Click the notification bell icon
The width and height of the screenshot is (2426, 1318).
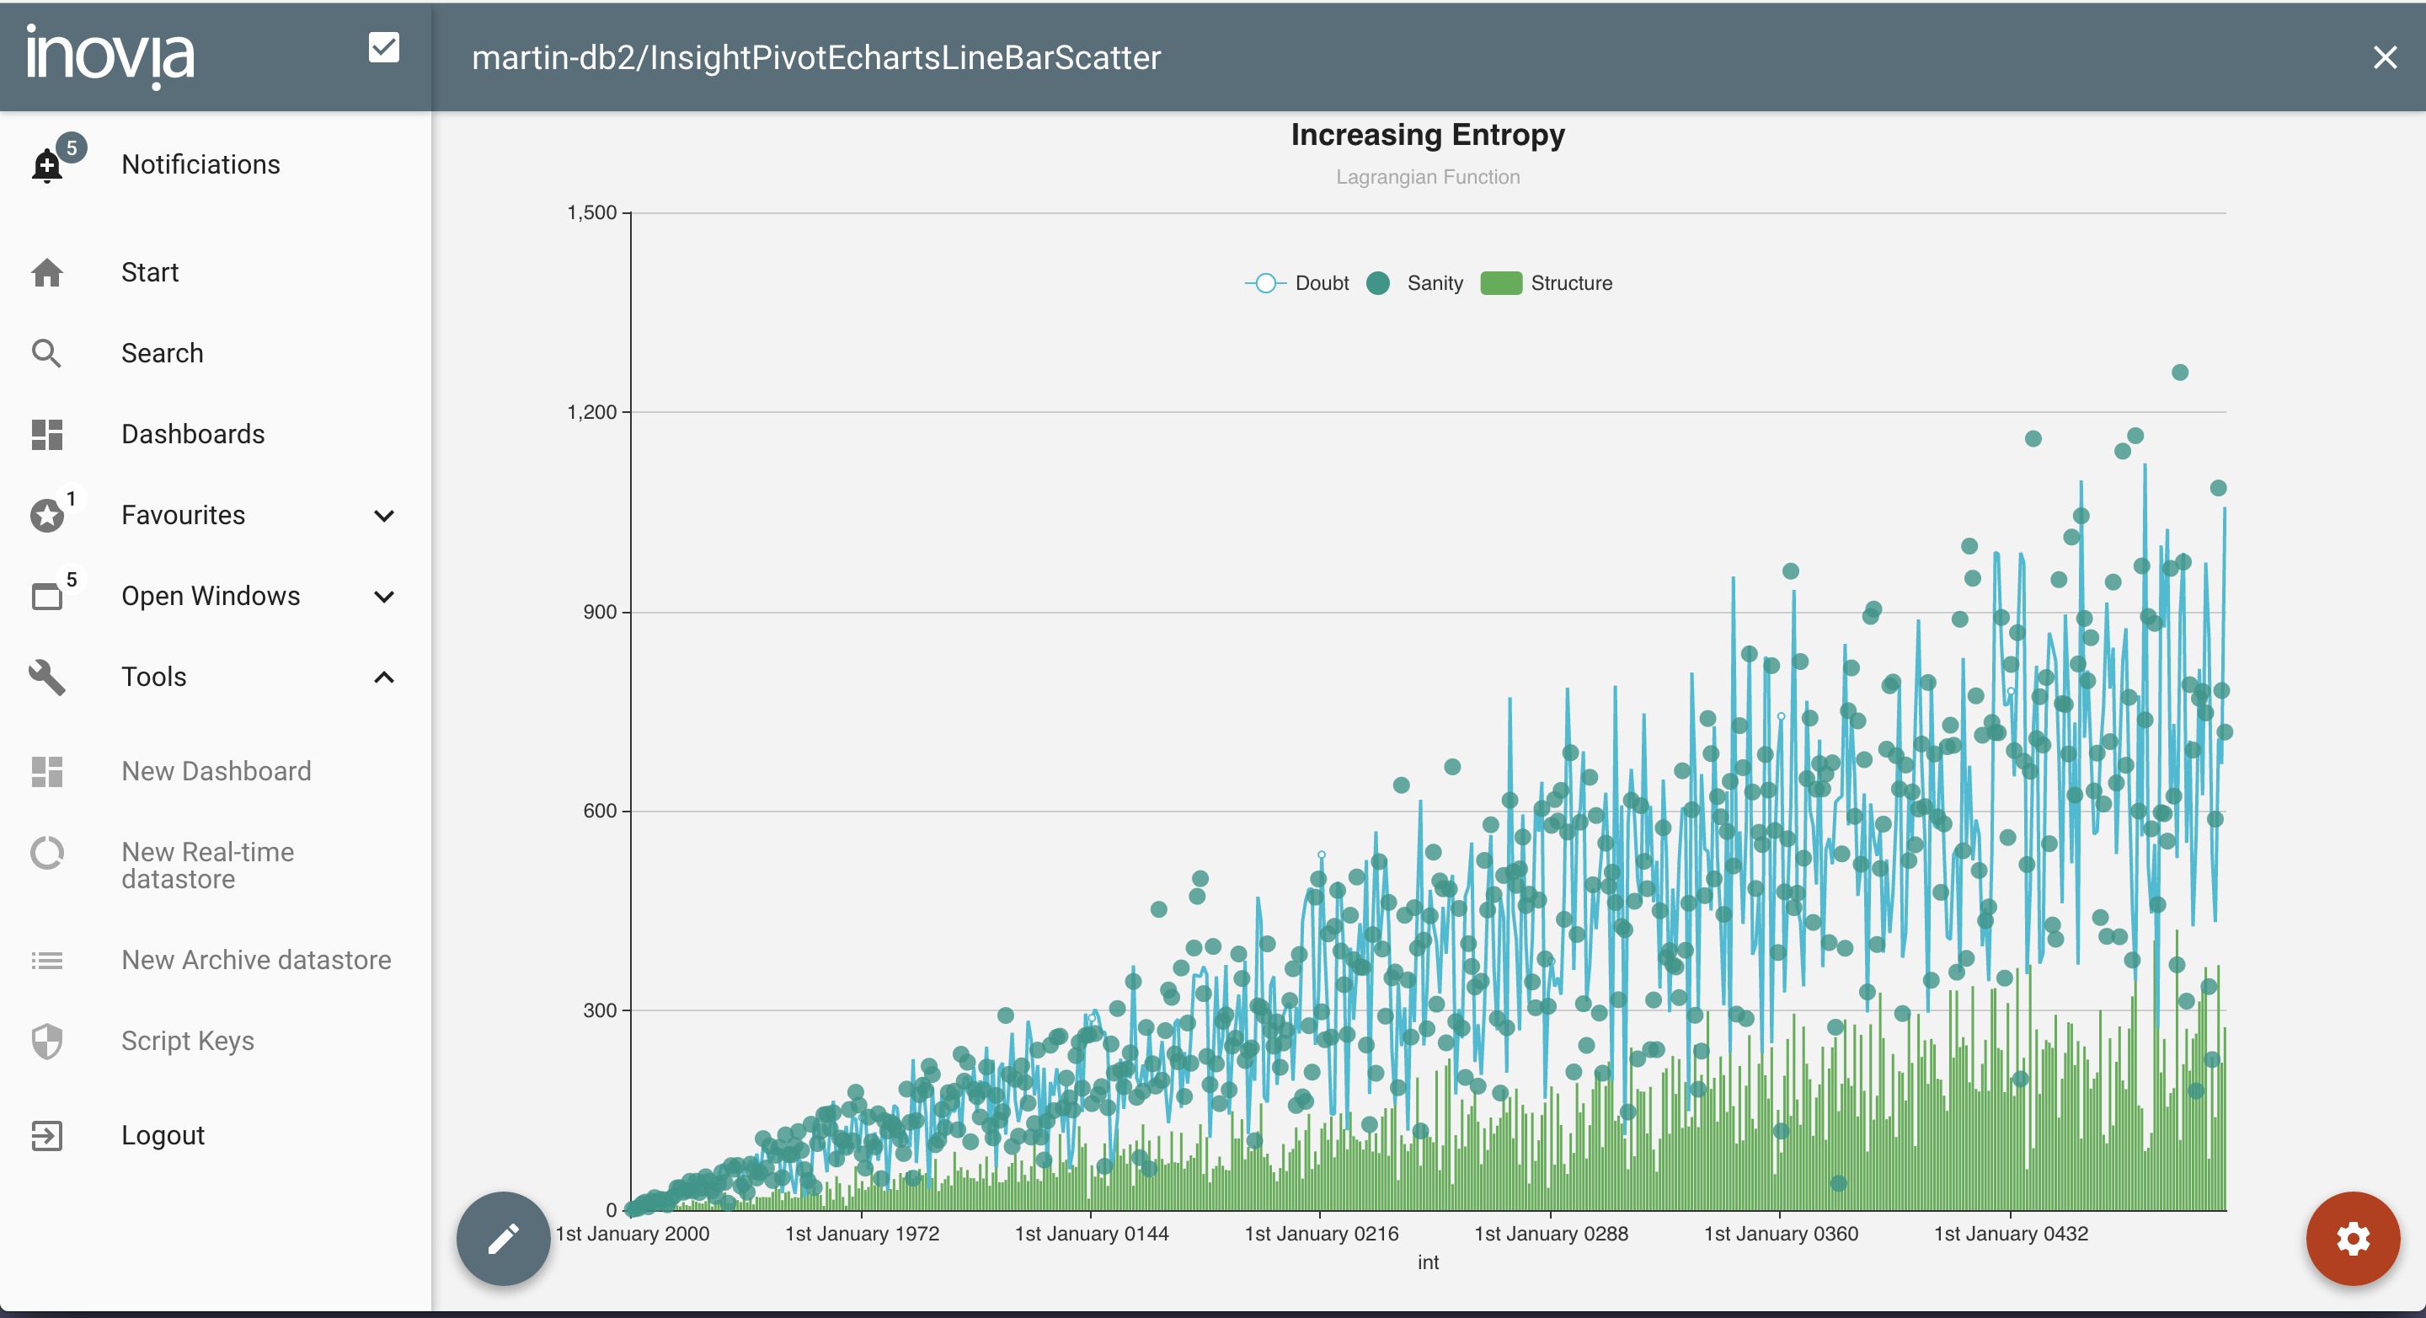pos(47,165)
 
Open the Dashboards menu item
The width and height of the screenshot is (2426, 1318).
pos(193,434)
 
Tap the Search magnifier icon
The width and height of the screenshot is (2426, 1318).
pos(46,353)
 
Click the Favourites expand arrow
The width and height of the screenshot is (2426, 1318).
pos(383,516)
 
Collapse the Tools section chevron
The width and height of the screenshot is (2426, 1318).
pos(383,678)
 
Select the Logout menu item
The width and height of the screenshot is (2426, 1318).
pos(162,1135)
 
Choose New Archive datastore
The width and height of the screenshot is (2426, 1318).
pos(256,960)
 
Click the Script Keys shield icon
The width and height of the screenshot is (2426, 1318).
pos(47,1041)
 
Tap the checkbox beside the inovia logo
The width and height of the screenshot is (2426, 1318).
pos(383,47)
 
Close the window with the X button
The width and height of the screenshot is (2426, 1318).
pos(2385,57)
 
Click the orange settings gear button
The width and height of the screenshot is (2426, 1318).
pos(2352,1238)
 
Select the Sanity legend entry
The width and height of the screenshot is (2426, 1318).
pos(1419,284)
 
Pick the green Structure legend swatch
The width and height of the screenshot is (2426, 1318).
pos(1500,284)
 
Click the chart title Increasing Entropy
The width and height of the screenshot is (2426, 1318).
pos(1427,135)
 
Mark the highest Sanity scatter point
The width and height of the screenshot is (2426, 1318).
pos(2179,372)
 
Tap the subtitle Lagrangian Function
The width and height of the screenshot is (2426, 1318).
pos(1427,177)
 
